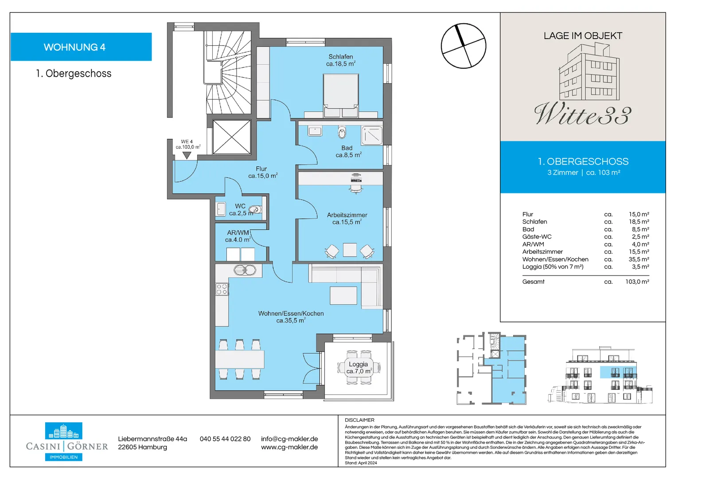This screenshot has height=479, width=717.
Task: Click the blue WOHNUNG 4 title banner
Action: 81,47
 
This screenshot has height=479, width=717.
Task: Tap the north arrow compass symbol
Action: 463,46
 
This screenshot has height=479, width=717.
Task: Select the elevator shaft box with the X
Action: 231,137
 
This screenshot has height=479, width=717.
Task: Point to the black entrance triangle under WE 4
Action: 187,155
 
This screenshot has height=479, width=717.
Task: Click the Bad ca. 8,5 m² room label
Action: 348,152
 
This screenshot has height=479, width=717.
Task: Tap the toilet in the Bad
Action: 342,132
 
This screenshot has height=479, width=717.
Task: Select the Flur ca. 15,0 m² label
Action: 262,173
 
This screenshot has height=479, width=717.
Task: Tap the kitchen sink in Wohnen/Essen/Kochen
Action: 245,270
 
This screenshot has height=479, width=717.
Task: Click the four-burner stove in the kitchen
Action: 222,289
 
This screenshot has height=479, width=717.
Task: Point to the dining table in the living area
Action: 239,359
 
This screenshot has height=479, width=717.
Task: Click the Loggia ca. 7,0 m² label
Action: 358,368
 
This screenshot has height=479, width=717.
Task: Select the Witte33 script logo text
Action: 583,114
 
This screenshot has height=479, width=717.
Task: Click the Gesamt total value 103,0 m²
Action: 637,282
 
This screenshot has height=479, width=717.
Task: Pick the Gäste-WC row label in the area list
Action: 537,237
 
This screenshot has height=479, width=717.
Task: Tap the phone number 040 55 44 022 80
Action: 225,439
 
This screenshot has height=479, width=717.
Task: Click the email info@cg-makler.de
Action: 289,439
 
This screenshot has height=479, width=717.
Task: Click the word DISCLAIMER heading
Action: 359,420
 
